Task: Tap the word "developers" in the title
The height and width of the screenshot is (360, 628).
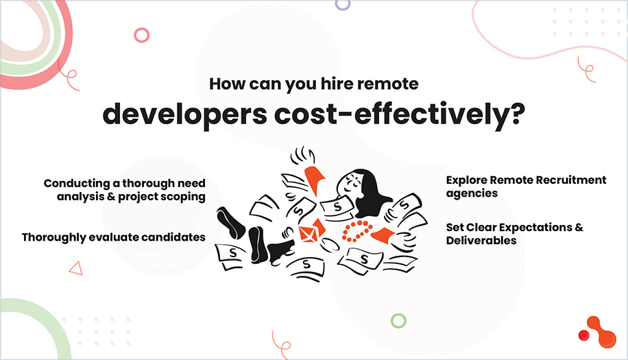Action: pyautogui.click(x=180, y=115)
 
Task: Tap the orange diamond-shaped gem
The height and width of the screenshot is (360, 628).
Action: pyautogui.click(x=309, y=232)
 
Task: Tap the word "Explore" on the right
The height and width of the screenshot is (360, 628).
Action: pyautogui.click(x=466, y=180)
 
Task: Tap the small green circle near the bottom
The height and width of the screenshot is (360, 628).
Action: pyautogui.click(x=398, y=320)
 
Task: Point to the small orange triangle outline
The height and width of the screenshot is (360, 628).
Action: pyautogui.click(x=75, y=268)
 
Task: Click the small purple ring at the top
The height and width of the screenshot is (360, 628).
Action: pyautogui.click(x=342, y=3)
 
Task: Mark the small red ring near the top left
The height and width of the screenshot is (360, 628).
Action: pyautogui.click(x=142, y=34)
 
